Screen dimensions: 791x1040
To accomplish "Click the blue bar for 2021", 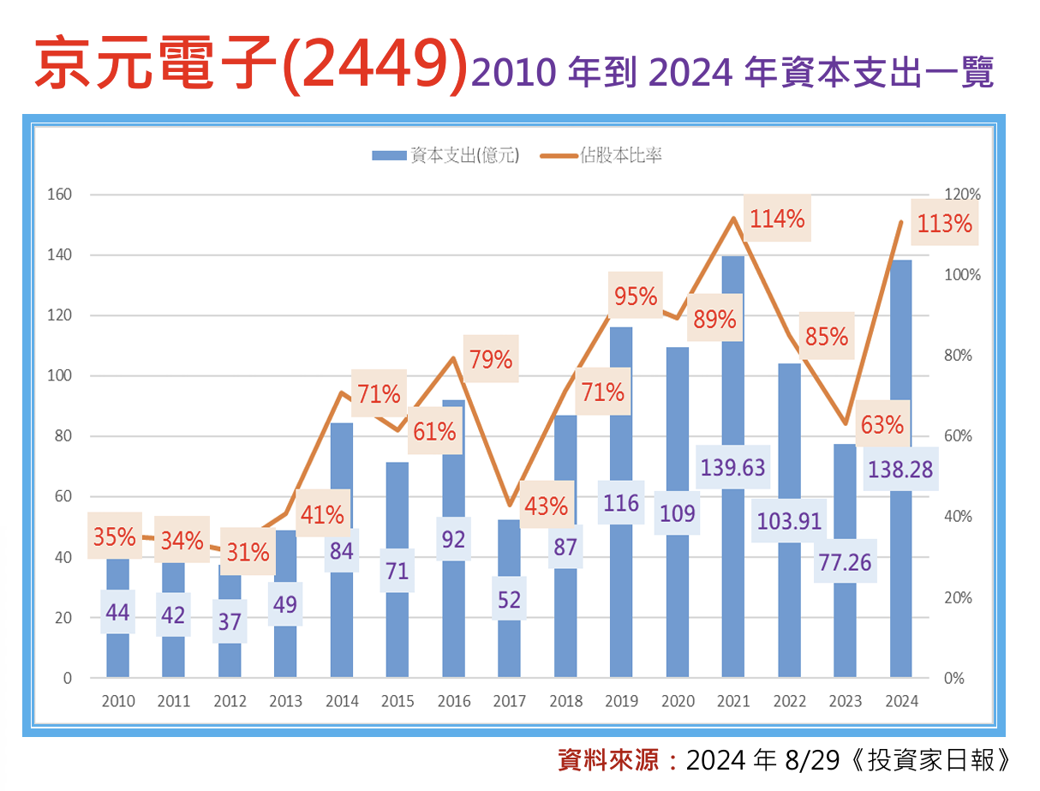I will click(x=733, y=583).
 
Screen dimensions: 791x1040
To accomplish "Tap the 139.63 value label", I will click(x=733, y=467).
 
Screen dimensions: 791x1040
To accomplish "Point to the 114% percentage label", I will click(x=777, y=219).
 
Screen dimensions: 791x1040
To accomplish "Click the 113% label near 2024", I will click(x=944, y=225).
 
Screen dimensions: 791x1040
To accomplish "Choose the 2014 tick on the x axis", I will click(x=342, y=701).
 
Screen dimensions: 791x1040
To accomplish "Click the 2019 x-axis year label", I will click(x=621, y=701).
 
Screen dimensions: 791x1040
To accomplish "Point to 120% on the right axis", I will click(x=963, y=195).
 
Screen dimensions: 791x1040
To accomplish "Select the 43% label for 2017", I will click(x=547, y=506).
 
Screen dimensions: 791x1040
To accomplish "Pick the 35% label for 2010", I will click(x=115, y=537).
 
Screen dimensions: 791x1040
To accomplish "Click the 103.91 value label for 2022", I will click(x=790, y=520).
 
